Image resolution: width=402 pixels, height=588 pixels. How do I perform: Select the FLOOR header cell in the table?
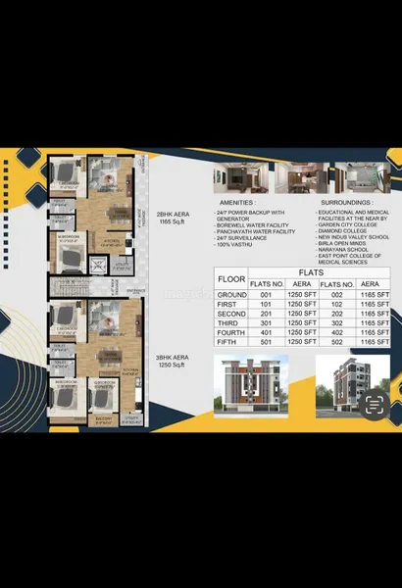coord(231,278)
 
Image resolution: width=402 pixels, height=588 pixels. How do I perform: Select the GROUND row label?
coord(232,294)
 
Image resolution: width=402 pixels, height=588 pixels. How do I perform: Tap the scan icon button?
coord(373,404)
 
